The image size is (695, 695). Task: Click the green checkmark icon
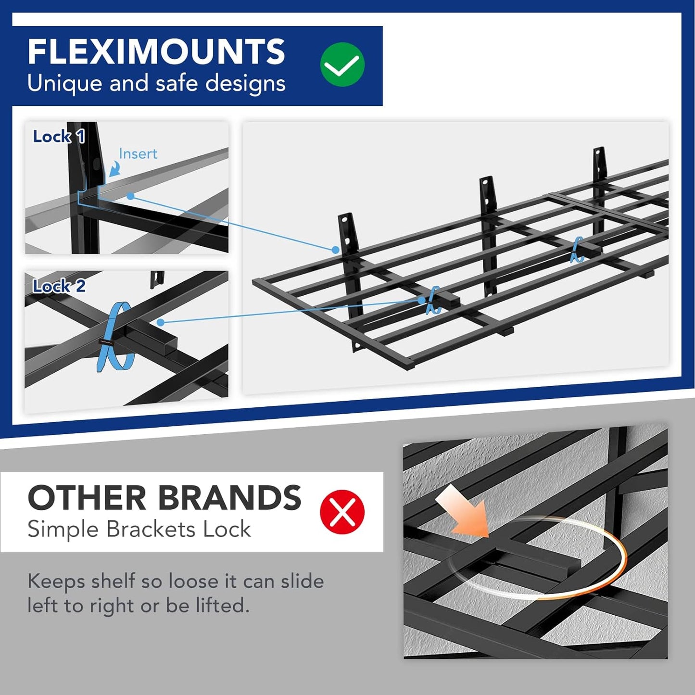pos(342,64)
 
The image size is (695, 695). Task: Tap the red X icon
pos(342,512)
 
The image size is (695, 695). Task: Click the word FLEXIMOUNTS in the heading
pos(156,51)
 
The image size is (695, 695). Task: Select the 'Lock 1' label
pos(59,137)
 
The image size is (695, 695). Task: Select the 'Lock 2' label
pos(59,286)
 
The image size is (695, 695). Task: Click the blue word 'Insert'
pos(138,154)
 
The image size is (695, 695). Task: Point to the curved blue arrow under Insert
pos(114,169)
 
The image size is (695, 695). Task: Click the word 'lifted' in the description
pos(222,606)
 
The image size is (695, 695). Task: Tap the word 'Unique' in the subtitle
pos(64,84)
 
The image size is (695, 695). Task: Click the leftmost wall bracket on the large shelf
pos(347,236)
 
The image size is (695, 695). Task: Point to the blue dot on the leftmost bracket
pos(335,250)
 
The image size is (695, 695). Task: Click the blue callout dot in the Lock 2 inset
pos(160,322)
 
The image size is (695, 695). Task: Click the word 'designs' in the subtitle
pos(245,84)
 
